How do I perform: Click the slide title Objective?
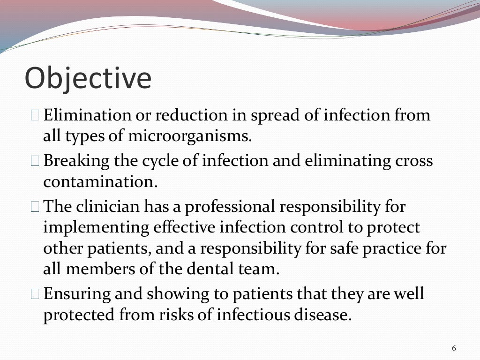[x=88, y=78]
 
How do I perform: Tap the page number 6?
[x=454, y=348]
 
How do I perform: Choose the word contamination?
[x=100, y=182]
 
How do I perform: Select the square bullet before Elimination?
[x=36, y=115]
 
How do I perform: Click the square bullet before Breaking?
[x=36, y=161]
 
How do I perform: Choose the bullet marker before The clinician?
[x=36, y=206]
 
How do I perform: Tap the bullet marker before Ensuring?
[x=36, y=294]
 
